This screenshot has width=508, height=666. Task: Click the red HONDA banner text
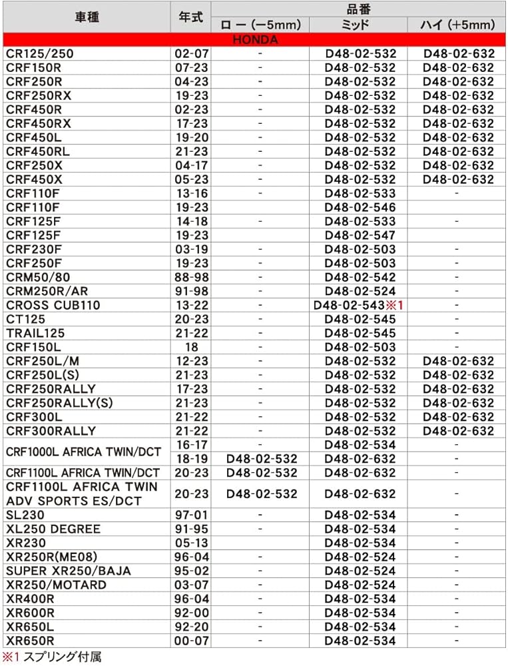[x=255, y=39]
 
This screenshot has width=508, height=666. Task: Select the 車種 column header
[x=87, y=17]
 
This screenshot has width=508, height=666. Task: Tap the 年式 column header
[x=191, y=17]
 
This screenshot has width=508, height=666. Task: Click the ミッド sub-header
[x=360, y=25]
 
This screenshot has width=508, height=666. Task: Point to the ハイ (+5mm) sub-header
[x=458, y=25]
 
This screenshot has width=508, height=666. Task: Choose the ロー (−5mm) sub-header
[x=260, y=25]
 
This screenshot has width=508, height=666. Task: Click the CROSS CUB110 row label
[x=53, y=305]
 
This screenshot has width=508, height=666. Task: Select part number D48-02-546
[x=360, y=207]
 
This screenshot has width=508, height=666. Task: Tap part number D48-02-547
[x=360, y=235]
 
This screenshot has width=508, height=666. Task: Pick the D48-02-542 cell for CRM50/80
[x=360, y=277]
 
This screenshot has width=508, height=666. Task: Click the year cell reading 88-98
[x=191, y=277]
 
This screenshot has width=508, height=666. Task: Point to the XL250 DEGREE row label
[x=53, y=529]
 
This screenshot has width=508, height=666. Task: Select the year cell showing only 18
[x=191, y=347]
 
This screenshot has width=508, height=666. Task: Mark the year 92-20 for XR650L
[x=191, y=627]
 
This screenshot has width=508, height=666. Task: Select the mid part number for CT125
[x=360, y=319]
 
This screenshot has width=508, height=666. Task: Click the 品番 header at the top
[x=360, y=9]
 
